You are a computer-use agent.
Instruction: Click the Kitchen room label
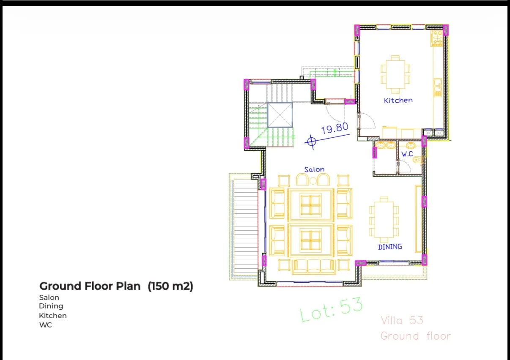click(x=398, y=101)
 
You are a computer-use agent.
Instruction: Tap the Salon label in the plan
click(x=315, y=169)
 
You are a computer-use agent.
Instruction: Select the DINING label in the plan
click(x=390, y=247)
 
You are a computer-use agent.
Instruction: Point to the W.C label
click(x=407, y=154)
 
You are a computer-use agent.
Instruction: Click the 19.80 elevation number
click(x=335, y=128)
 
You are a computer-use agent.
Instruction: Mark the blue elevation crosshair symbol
click(x=312, y=142)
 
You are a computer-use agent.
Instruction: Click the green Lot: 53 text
click(x=331, y=309)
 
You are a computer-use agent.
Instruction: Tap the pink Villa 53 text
click(x=402, y=321)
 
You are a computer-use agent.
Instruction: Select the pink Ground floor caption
click(x=416, y=336)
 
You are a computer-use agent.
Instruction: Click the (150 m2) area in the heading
click(x=170, y=286)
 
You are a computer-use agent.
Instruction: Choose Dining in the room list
click(x=51, y=306)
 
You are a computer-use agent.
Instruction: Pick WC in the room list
click(x=46, y=325)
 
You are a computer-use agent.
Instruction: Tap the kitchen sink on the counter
click(x=437, y=87)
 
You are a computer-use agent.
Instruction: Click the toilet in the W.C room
click(x=418, y=159)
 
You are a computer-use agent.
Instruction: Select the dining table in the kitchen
click(x=395, y=74)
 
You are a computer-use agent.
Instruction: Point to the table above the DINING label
click(x=384, y=220)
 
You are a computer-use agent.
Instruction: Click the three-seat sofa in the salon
click(x=314, y=267)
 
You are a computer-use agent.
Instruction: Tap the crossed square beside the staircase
click(x=280, y=115)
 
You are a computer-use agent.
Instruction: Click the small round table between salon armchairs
click(x=313, y=181)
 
